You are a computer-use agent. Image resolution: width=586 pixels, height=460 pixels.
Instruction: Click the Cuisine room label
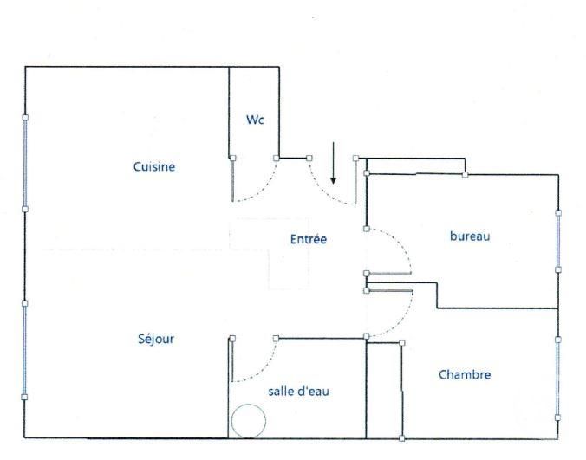coord(154,167)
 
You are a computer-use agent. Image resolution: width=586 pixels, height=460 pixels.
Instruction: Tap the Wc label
coord(255,120)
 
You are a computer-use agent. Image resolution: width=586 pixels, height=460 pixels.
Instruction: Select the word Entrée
coord(309,239)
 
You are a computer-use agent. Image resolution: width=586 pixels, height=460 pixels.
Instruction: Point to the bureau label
coord(470,236)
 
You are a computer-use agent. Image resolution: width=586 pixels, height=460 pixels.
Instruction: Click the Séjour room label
coord(155,339)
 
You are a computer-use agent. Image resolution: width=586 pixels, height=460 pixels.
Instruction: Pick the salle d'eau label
coord(299,392)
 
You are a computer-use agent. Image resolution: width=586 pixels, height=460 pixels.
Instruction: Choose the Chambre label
coord(465,375)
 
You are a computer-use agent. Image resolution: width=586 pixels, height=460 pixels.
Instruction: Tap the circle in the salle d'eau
coord(248,422)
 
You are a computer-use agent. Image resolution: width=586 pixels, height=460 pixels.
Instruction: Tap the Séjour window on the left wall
coord(25,350)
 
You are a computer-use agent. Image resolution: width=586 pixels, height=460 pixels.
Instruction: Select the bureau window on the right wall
coord(558,240)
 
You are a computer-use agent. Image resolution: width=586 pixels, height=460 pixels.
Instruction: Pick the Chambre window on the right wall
coord(558,367)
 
